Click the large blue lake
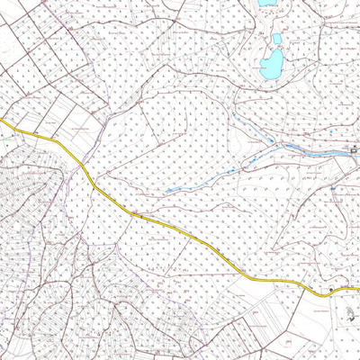tap(271, 64)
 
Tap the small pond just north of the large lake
tap(277, 40)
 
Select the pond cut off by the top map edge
tap(266, 3)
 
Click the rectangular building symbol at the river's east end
tap(353, 147)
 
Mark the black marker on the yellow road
tap(330, 289)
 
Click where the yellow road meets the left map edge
tap(2, 120)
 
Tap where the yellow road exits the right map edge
tap(358, 289)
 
